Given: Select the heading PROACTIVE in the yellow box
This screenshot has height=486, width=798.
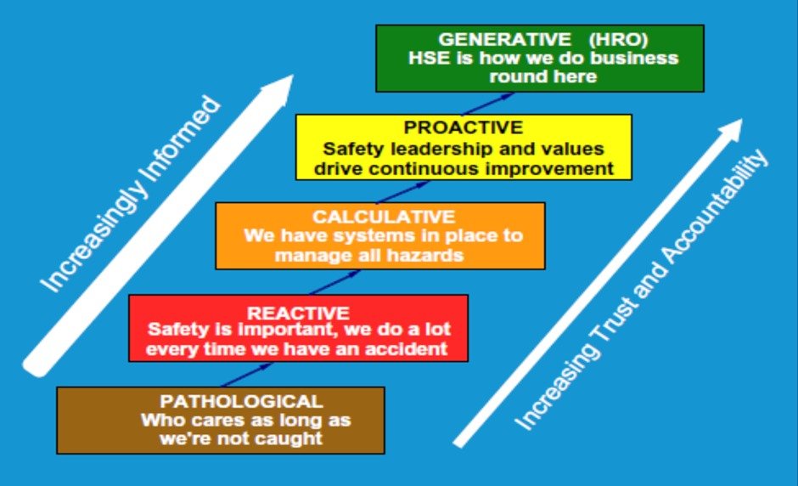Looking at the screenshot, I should pos(463,128).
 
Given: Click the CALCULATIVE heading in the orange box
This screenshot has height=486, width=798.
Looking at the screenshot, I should pos(383,217).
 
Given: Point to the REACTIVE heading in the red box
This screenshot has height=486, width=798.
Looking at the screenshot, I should pos(298,313).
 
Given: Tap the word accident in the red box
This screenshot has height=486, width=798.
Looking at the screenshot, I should pos(410,348).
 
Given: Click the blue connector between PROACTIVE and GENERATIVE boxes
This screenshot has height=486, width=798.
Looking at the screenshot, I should pos(486,104).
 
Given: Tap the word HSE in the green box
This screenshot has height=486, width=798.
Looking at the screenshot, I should pos(426,58).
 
